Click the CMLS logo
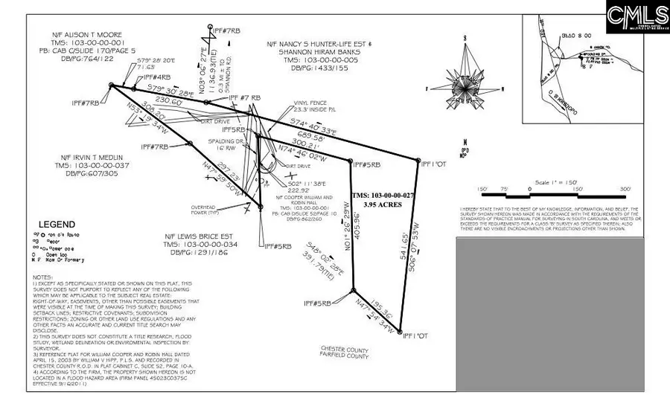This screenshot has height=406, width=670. point(637,16)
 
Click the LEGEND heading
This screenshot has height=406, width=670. point(57,225)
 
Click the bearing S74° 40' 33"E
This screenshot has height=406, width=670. point(313,129)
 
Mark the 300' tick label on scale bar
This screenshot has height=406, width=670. point(624,189)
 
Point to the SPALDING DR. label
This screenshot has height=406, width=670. point(231,141)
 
